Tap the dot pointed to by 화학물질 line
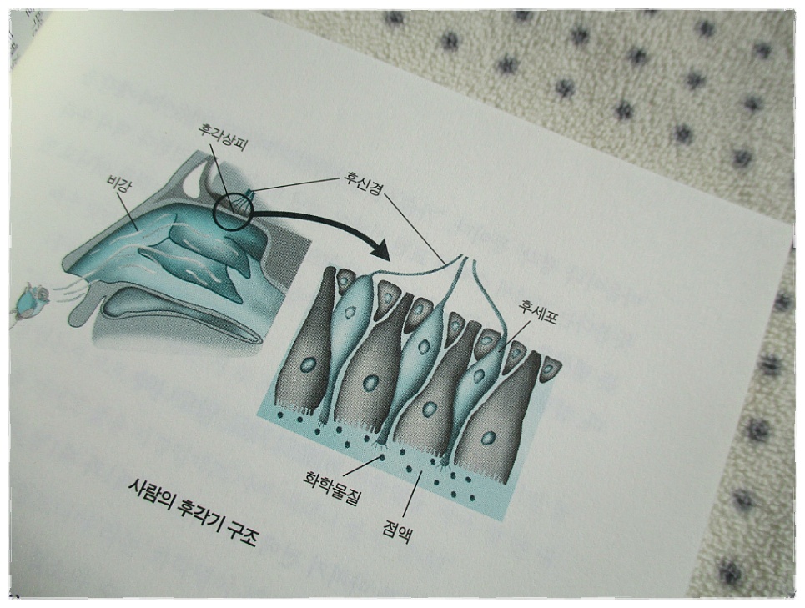click(x=382, y=456)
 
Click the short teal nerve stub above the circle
click(x=250, y=193)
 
